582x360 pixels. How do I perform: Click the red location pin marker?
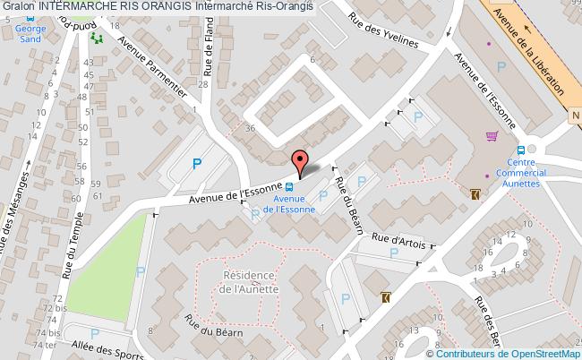[302, 161]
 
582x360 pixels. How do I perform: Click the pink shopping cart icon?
[491, 136]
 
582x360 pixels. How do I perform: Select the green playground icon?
[97, 39]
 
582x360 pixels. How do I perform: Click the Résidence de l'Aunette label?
[246, 284]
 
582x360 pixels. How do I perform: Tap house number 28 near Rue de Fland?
[204, 84]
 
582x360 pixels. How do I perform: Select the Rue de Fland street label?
[208, 53]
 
